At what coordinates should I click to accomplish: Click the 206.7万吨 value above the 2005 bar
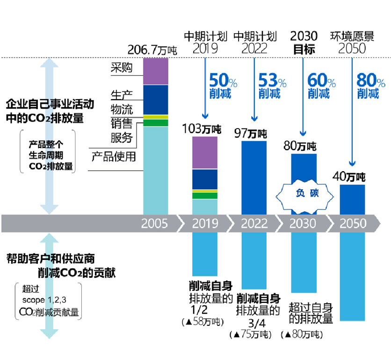click(x=152, y=50)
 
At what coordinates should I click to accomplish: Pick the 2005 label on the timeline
click(x=155, y=223)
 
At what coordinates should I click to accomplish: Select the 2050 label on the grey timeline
click(x=352, y=223)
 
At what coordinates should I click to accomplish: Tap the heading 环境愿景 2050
click(x=352, y=42)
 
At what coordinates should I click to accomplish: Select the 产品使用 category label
click(x=113, y=156)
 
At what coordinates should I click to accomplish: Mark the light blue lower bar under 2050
click(x=352, y=276)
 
